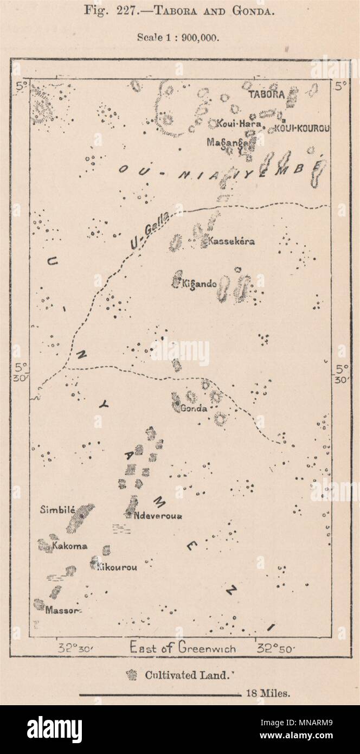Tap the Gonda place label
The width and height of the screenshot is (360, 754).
click(195, 408)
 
